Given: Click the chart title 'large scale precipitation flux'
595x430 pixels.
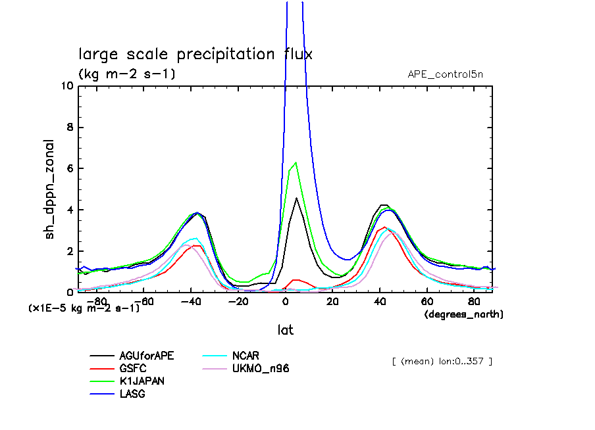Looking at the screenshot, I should (x=195, y=54).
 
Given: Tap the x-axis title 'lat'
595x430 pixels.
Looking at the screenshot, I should (x=284, y=329).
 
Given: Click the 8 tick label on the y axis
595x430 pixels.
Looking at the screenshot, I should (x=68, y=128).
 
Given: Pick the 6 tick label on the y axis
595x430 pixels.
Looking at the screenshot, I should (x=68, y=169).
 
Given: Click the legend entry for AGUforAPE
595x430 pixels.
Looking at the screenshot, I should (x=146, y=356).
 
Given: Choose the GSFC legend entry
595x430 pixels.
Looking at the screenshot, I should (x=132, y=368).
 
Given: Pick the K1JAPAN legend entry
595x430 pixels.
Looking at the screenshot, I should (x=142, y=381).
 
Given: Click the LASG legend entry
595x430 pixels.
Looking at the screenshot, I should (x=132, y=393).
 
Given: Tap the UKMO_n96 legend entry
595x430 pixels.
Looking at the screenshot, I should (x=260, y=368).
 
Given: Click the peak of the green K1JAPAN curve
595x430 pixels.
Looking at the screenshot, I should (x=296, y=162).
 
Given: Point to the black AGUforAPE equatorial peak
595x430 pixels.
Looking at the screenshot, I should (x=297, y=198).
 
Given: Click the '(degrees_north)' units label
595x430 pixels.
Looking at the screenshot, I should (x=463, y=314).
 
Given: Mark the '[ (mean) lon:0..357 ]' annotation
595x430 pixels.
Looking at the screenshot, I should (x=442, y=361).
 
